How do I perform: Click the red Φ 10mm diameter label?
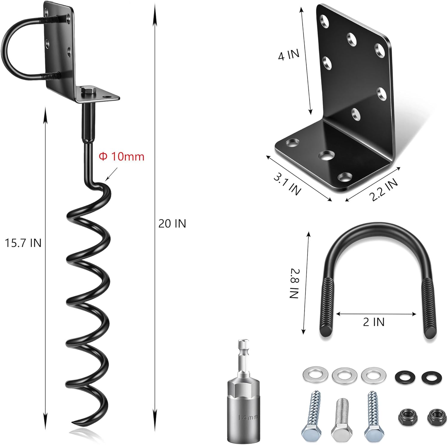click(x=122, y=157)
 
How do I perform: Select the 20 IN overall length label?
click(x=172, y=224)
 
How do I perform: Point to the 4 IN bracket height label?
click(x=289, y=55)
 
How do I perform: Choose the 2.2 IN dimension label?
click(x=383, y=190)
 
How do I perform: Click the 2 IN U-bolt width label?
click(x=374, y=322)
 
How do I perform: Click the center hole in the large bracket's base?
click(x=326, y=155)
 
